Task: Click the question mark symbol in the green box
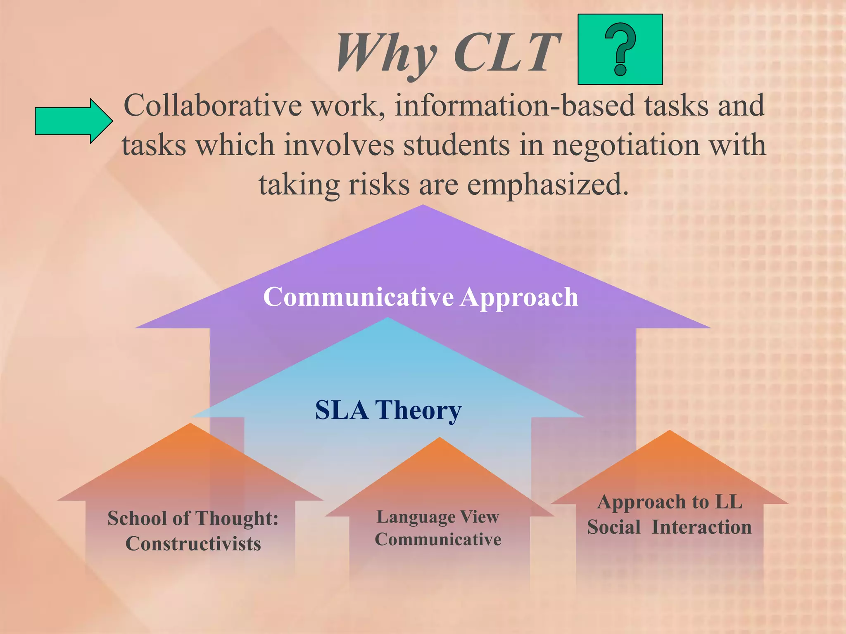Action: point(620,50)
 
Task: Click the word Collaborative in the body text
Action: point(213,105)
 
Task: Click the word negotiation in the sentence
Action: point(626,145)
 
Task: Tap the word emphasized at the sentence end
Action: point(547,185)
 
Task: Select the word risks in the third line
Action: point(379,185)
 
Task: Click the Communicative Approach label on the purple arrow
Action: point(421,297)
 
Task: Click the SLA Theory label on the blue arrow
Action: point(388,410)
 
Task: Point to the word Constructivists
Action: point(193,544)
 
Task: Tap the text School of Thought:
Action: point(193,518)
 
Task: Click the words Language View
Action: point(438,517)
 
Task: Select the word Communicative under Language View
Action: point(438,539)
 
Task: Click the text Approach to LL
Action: point(670,502)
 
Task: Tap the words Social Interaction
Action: point(669,528)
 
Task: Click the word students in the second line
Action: point(456,145)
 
